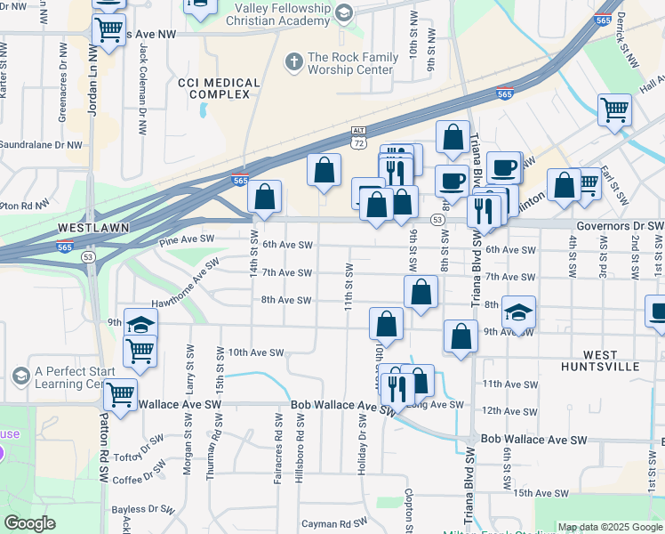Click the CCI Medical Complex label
(219, 89)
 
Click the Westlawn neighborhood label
(93, 228)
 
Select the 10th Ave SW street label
(256, 352)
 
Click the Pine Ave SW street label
(187, 240)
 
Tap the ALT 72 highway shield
(357, 137)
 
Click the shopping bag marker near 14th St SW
(265, 197)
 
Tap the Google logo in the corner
(29, 524)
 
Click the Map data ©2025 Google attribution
(610, 527)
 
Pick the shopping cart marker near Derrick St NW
(614, 110)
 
